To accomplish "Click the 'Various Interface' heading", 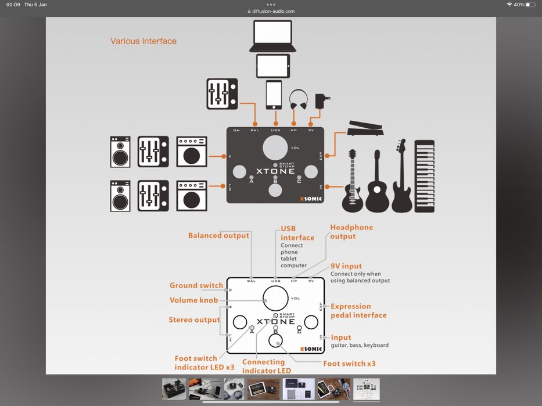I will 143,41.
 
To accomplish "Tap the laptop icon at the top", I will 272,36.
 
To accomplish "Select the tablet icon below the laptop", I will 272,66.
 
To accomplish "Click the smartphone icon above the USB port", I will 274,95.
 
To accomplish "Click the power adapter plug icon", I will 320,101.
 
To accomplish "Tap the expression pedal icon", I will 365,129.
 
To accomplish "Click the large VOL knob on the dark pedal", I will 275,148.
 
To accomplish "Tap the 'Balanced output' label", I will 218,236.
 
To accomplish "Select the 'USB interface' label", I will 297,233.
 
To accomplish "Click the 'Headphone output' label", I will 351,232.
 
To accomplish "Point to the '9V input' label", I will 346,267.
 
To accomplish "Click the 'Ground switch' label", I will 196,286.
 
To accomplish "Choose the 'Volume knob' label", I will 193,300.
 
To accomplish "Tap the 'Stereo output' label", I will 194,320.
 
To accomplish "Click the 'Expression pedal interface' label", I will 358,311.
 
